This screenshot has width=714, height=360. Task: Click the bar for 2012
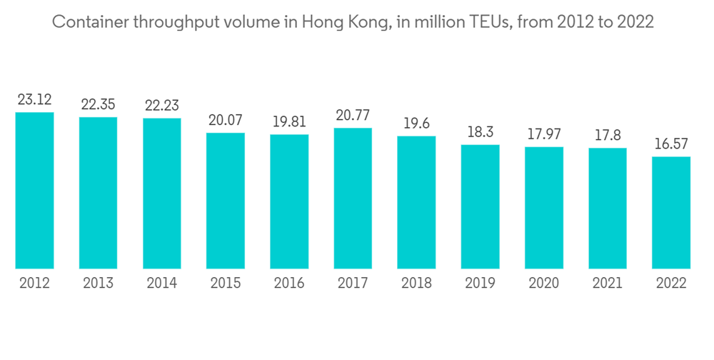[x=34, y=190]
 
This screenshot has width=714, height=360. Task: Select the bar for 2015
[x=226, y=200]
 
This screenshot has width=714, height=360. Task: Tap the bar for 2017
[x=353, y=198]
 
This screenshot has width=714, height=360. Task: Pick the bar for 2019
[x=480, y=206]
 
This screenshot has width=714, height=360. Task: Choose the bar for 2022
[x=671, y=212]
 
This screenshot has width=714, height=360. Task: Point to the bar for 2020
[x=544, y=207]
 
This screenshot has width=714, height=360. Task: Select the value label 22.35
[x=98, y=104]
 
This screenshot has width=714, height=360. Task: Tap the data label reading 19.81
[x=289, y=121]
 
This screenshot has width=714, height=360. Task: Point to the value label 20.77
[x=353, y=115]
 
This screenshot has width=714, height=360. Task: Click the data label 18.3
[x=480, y=132]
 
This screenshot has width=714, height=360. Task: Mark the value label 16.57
[x=671, y=144]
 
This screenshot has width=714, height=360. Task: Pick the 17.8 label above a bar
[x=608, y=135]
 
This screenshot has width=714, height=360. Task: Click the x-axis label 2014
[x=162, y=283]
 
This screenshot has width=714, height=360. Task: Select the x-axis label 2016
[x=289, y=283]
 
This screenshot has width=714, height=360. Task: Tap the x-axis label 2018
[x=416, y=283]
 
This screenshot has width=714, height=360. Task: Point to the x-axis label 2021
[x=608, y=283]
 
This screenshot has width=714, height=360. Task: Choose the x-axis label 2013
[x=98, y=283]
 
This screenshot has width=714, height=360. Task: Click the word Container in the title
[x=86, y=22]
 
